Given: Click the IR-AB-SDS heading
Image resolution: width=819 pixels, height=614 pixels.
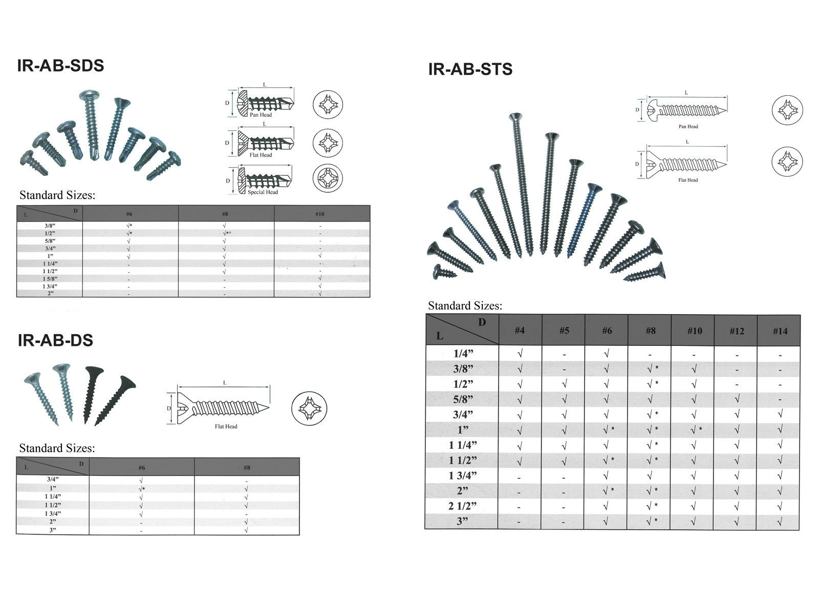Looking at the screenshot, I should click(60, 65).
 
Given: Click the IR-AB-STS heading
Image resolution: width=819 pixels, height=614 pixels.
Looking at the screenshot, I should click(470, 69).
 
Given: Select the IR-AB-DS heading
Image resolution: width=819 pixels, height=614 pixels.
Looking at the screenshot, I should click(55, 340).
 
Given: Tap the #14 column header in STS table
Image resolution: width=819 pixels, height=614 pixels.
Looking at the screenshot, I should click(780, 331).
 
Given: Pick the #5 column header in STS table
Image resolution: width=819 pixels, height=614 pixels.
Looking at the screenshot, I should click(564, 331).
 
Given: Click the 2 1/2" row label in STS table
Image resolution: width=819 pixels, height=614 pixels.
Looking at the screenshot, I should click(462, 506).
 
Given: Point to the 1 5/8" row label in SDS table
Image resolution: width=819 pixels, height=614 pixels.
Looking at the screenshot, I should click(50, 278).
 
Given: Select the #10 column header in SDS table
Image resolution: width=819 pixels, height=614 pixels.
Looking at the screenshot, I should click(319, 214).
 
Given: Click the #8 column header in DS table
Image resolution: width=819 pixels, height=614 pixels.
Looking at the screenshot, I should click(247, 468).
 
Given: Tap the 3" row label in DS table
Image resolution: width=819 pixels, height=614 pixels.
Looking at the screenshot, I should click(53, 530).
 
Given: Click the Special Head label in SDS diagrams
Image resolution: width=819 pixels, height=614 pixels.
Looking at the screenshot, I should click(263, 192).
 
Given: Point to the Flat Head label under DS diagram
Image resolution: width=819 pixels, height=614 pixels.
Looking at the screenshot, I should click(226, 426).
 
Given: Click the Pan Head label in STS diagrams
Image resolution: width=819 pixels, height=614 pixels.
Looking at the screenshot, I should click(688, 126).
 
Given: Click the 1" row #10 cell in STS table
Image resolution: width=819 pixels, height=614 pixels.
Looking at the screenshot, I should click(695, 430).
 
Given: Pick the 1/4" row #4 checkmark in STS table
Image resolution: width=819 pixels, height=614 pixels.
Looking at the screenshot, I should click(520, 354).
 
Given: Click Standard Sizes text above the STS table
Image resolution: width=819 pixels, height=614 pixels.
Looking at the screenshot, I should click(465, 306).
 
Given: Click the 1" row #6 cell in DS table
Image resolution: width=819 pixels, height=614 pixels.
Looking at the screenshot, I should click(142, 489).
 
